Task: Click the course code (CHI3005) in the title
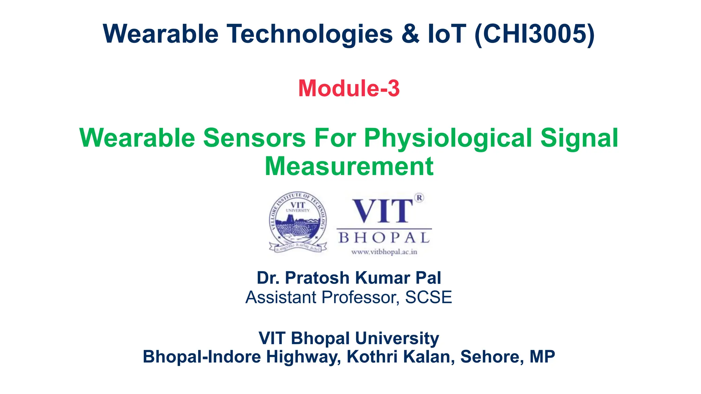535,34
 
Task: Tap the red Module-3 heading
349,88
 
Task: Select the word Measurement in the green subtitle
349,166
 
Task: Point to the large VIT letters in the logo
382,211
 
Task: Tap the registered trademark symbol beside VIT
419,198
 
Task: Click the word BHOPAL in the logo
384,238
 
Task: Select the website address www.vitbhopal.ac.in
384,252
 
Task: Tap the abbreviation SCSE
428,297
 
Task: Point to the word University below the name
397,338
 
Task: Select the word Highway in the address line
303,357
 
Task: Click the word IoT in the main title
447,34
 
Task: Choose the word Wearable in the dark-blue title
161,34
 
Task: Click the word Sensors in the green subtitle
254,138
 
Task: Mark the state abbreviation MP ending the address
542,357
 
